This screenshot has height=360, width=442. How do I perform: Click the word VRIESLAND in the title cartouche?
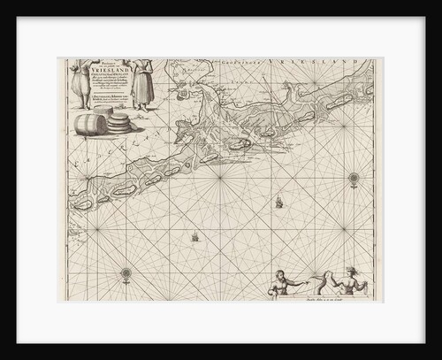pos(110,76)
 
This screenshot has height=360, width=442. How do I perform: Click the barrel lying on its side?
pos(89,124)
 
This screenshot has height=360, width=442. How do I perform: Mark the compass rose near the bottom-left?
pos(126,272)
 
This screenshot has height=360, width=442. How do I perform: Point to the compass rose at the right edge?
pos(354,179)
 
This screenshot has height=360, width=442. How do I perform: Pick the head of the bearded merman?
pos(280,275)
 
